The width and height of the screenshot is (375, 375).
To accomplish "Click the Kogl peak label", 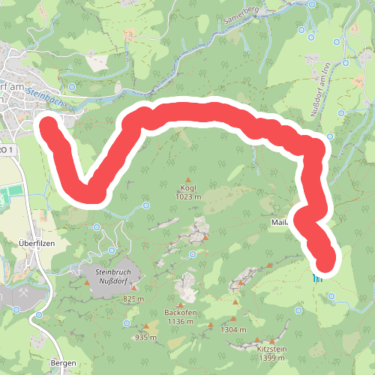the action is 187,187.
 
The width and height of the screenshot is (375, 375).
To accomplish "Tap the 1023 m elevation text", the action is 187,197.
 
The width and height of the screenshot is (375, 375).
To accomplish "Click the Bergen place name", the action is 63,363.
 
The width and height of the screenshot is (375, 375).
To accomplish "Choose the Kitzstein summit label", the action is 271,350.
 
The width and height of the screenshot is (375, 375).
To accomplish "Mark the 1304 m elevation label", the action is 234,329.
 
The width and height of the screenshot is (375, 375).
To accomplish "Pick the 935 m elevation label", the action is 145,337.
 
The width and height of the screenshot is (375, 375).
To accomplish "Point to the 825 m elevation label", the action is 133,298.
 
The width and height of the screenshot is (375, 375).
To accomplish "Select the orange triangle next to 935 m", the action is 146,327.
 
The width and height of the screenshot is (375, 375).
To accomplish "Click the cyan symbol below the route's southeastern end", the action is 317,277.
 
